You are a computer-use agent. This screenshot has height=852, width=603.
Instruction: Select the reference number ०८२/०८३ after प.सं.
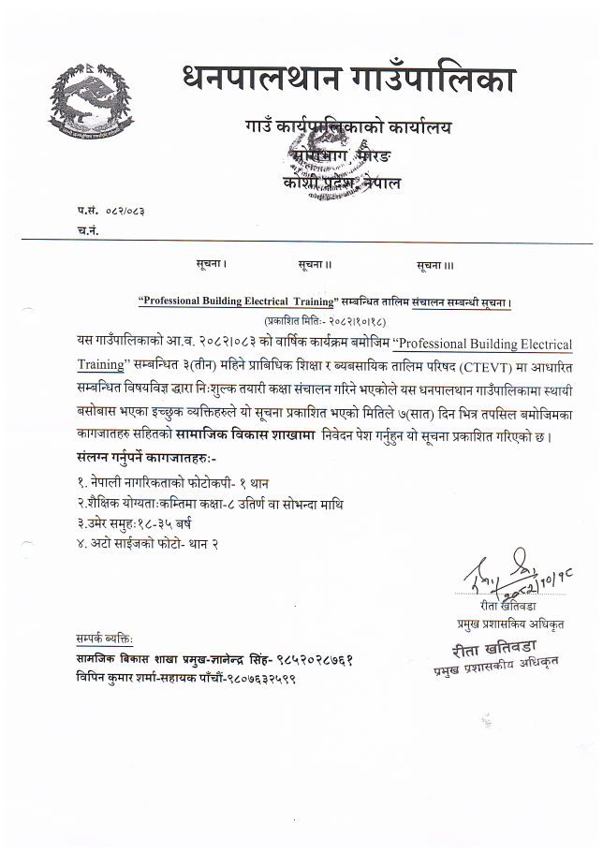pyautogui.click(x=125, y=211)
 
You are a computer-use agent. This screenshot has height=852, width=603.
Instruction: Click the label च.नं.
pyautogui.click(x=89, y=229)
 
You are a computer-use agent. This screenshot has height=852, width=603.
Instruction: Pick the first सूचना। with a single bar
pyautogui.click(x=212, y=265)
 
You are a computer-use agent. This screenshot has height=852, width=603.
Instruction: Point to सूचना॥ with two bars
pyautogui.click(x=316, y=265)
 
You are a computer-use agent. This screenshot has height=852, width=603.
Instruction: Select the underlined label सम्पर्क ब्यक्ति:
pyautogui.click(x=105, y=639)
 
